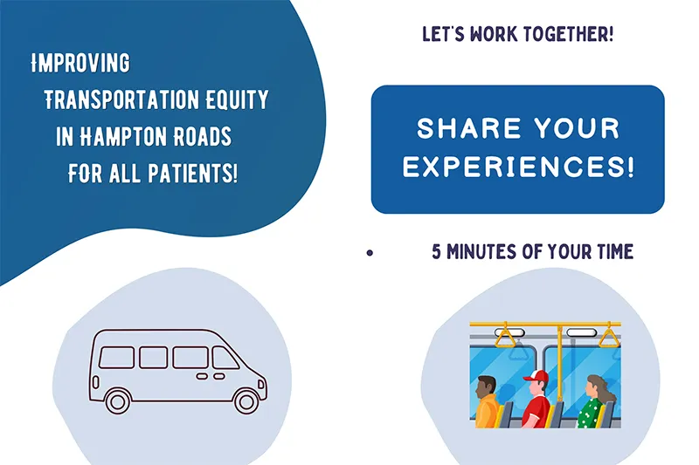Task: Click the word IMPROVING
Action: (80, 63)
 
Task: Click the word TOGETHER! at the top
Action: (569, 34)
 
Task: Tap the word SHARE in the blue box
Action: (469, 128)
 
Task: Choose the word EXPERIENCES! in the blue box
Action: (518, 167)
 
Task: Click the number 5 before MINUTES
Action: (436, 252)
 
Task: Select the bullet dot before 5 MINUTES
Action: (370, 253)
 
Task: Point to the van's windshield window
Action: (225, 358)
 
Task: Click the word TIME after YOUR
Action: (616, 252)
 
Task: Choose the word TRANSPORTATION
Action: (121, 99)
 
